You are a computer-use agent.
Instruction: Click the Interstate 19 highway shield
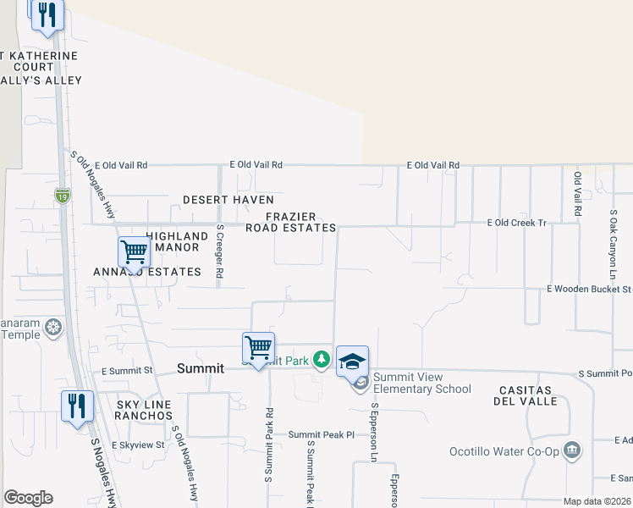point(63,196)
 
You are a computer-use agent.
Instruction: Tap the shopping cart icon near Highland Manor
point(134,251)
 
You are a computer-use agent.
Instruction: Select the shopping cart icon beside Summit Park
point(258,347)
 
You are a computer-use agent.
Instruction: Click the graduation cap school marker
point(352,362)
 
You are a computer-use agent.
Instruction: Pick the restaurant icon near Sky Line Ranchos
point(77,405)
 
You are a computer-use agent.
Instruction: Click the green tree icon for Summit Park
point(322,360)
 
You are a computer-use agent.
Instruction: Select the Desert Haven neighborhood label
point(228,200)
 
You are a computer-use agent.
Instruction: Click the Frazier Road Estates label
point(291,222)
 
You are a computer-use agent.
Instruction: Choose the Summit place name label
point(201,368)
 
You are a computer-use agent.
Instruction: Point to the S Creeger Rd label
point(219,251)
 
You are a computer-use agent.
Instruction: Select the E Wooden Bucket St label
point(589,290)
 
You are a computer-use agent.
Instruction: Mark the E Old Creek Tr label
point(517,223)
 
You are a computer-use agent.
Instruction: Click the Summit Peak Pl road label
point(321,434)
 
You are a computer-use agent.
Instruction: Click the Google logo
point(28,498)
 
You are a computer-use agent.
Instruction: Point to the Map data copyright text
point(597,501)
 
